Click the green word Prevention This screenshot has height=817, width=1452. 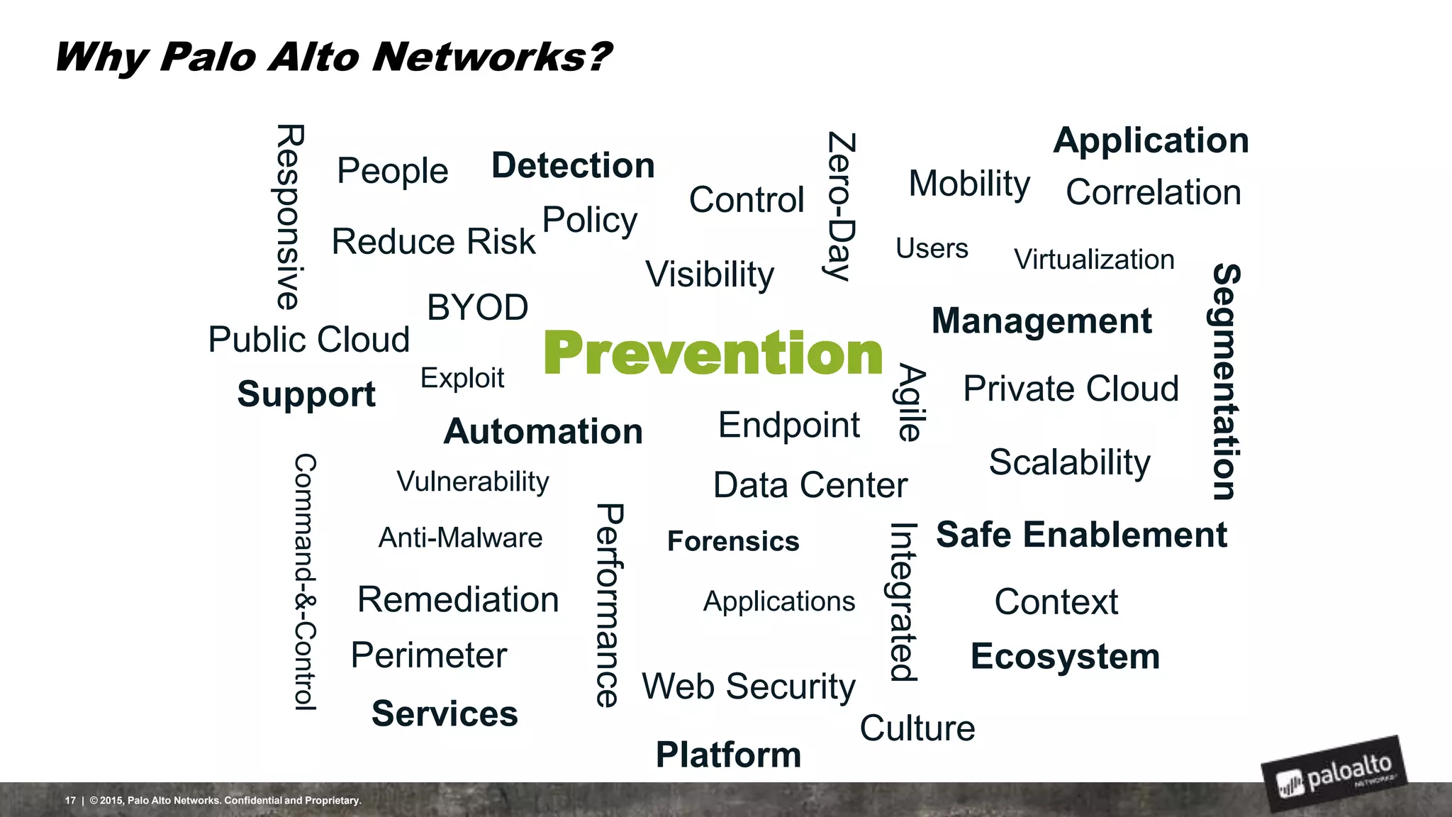713,353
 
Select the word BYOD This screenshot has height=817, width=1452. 477,308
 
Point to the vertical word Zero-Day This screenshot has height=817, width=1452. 842,206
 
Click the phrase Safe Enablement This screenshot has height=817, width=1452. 1081,535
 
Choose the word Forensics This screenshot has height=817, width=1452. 733,542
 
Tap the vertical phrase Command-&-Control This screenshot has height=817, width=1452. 305,582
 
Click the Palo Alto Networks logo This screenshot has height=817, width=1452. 1333,774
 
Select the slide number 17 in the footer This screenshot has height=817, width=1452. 70,801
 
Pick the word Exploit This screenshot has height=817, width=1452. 462,378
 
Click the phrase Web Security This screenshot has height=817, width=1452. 749,687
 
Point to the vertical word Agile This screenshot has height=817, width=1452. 910,402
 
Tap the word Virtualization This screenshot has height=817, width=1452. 1094,260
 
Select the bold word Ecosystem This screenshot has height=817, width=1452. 1065,657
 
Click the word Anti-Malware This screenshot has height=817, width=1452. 460,538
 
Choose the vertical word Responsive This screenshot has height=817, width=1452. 289,217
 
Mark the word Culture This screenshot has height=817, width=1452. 917,728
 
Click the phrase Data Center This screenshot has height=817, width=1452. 810,486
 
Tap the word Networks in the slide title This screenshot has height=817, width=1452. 491,57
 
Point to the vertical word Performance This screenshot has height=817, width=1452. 609,605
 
